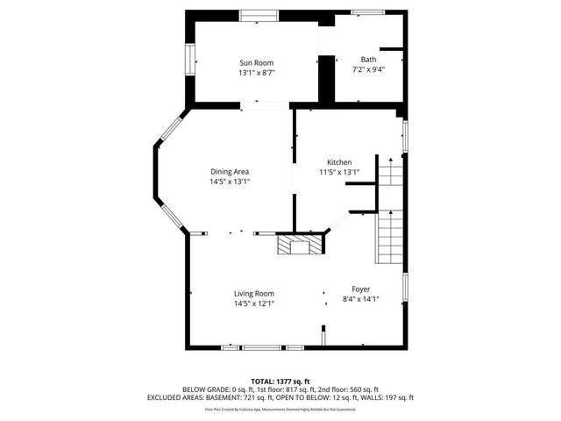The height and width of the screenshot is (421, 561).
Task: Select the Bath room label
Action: (368, 59)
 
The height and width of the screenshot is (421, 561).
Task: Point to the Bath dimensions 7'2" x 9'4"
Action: (368, 69)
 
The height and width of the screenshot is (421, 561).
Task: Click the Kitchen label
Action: (339, 162)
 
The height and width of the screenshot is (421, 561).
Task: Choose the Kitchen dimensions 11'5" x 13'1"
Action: (339, 173)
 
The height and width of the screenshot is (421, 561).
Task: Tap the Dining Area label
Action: (230, 171)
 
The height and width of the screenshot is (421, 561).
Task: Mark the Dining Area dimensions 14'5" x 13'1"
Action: (230, 182)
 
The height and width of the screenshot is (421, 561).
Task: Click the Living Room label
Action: (254, 293)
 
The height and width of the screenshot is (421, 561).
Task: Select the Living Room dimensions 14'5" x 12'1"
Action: (254, 303)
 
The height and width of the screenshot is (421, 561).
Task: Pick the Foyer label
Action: (361, 289)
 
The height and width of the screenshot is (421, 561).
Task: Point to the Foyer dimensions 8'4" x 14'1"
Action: (361, 299)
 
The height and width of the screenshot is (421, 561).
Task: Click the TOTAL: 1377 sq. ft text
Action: (280, 381)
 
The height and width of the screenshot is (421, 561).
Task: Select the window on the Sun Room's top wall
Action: (255, 13)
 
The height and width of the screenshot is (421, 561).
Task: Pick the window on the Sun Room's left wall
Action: (188, 58)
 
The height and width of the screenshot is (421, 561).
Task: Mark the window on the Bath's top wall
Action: (367, 12)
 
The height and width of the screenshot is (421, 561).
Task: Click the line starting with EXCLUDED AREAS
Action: (280, 397)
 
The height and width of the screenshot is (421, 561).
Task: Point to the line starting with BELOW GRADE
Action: (280, 389)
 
